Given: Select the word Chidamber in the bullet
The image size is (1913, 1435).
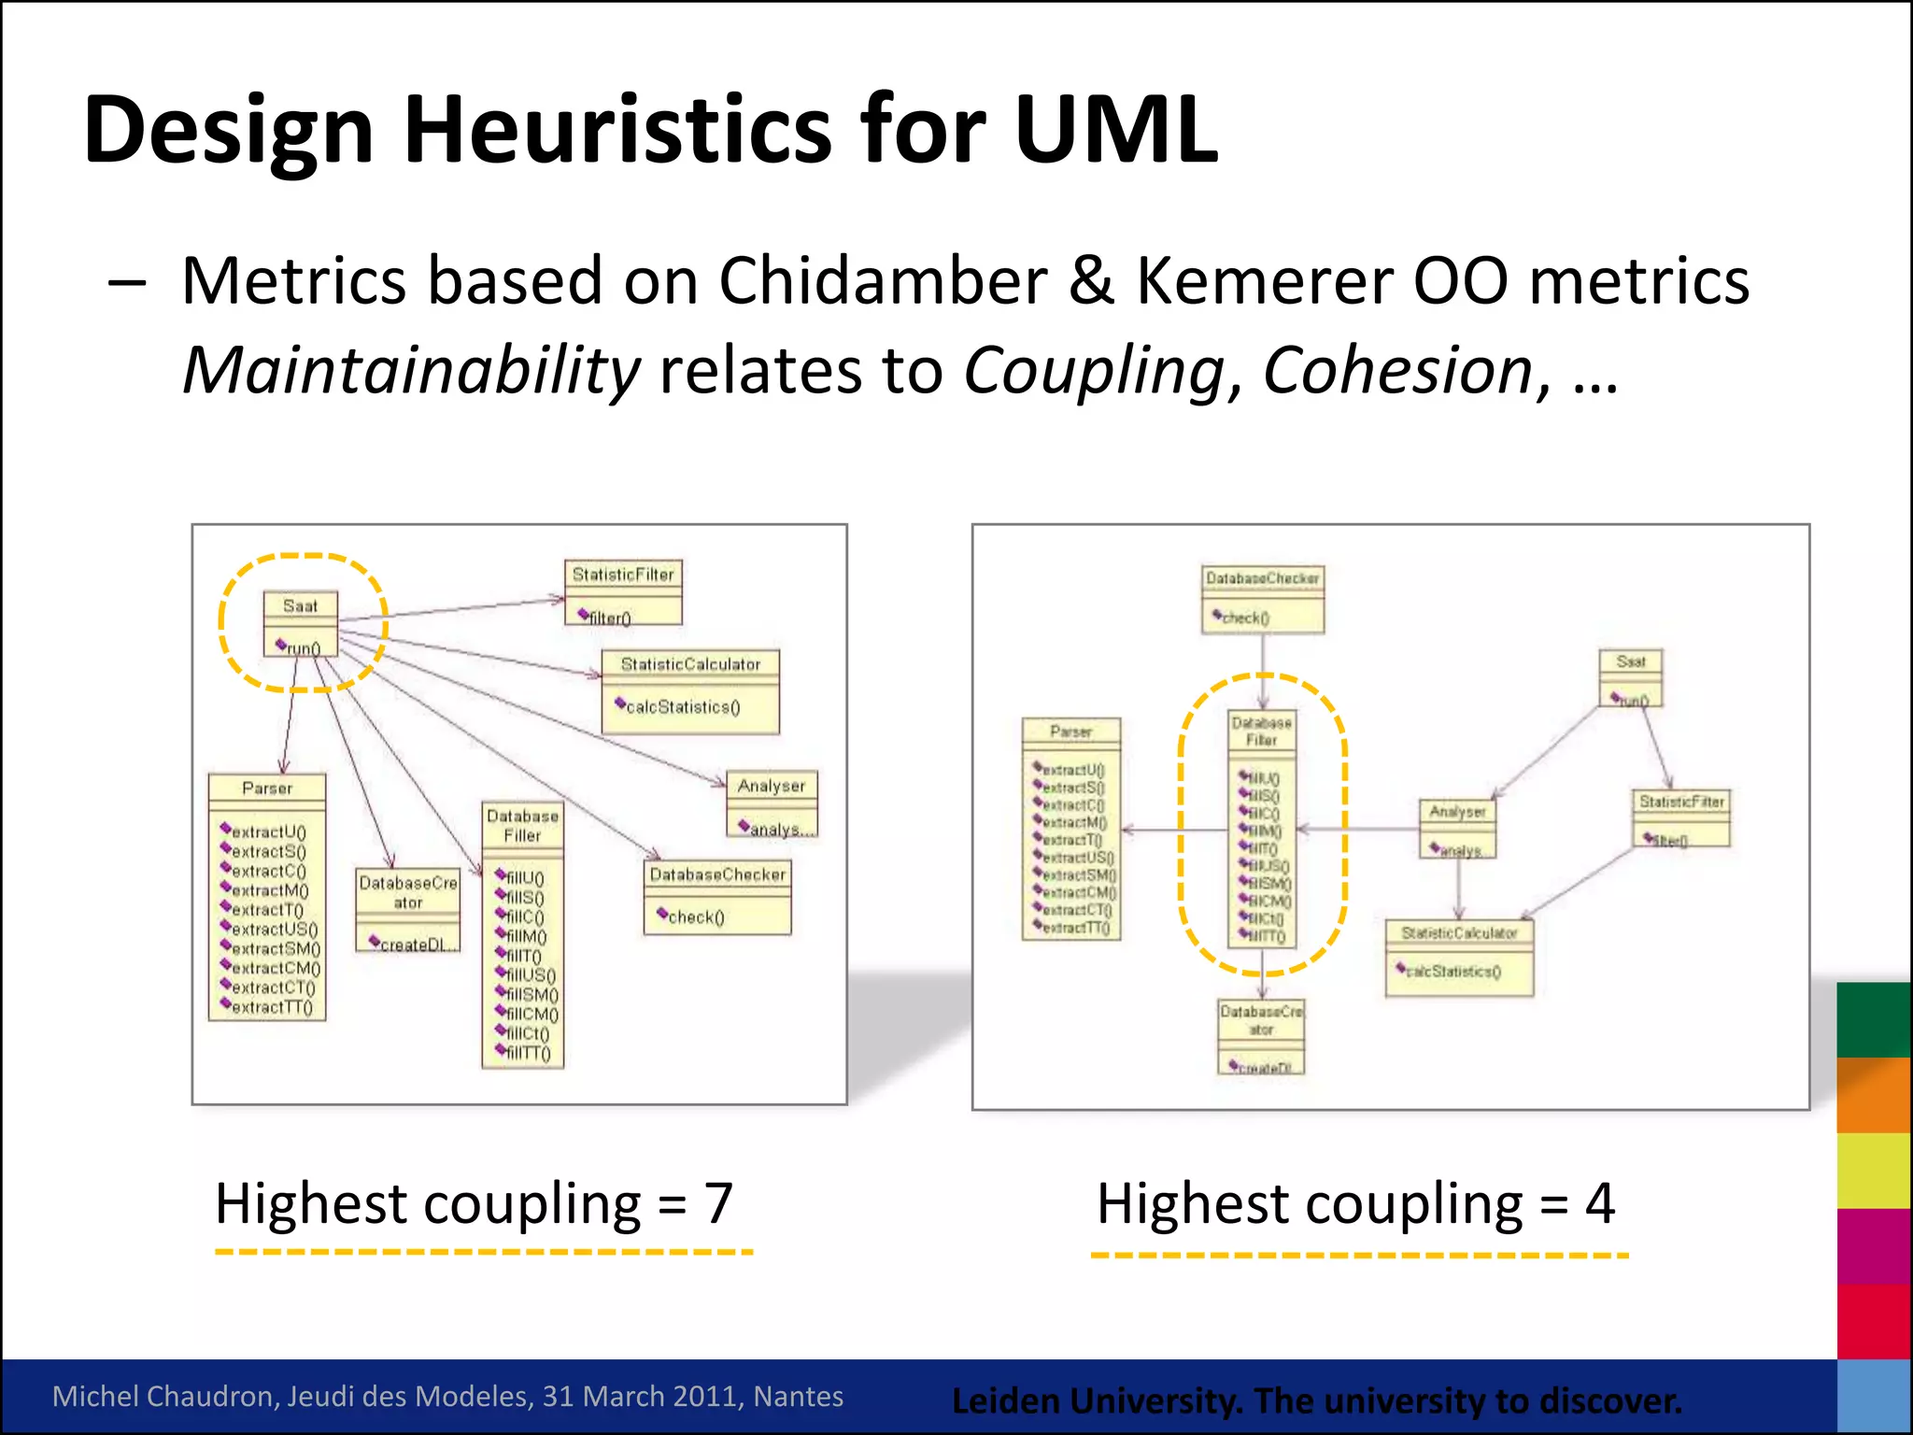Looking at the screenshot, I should (882, 280).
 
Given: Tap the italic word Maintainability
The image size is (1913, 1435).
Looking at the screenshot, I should (411, 371).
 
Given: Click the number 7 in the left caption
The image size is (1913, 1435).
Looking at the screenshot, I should (717, 1203).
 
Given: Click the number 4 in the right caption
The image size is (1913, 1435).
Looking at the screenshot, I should (1599, 1203).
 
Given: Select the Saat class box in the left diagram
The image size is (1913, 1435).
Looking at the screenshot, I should (300, 623).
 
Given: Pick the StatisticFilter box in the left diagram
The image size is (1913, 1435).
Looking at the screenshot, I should (623, 592).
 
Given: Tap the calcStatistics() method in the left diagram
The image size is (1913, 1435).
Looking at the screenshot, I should (682, 707).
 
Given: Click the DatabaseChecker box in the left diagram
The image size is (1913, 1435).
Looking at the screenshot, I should (717, 897).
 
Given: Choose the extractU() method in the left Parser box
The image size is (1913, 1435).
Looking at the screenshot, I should (268, 832).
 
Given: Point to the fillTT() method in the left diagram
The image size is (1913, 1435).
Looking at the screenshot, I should (528, 1054).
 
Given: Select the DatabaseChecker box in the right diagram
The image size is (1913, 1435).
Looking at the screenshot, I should (1262, 599).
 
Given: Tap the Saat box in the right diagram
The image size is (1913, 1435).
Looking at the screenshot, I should (1630, 678).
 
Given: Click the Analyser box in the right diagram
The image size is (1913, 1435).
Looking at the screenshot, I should (1457, 828).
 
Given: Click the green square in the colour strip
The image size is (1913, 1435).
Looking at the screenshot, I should (1873, 1019).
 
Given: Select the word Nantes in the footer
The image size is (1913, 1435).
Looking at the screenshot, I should (799, 1396).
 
